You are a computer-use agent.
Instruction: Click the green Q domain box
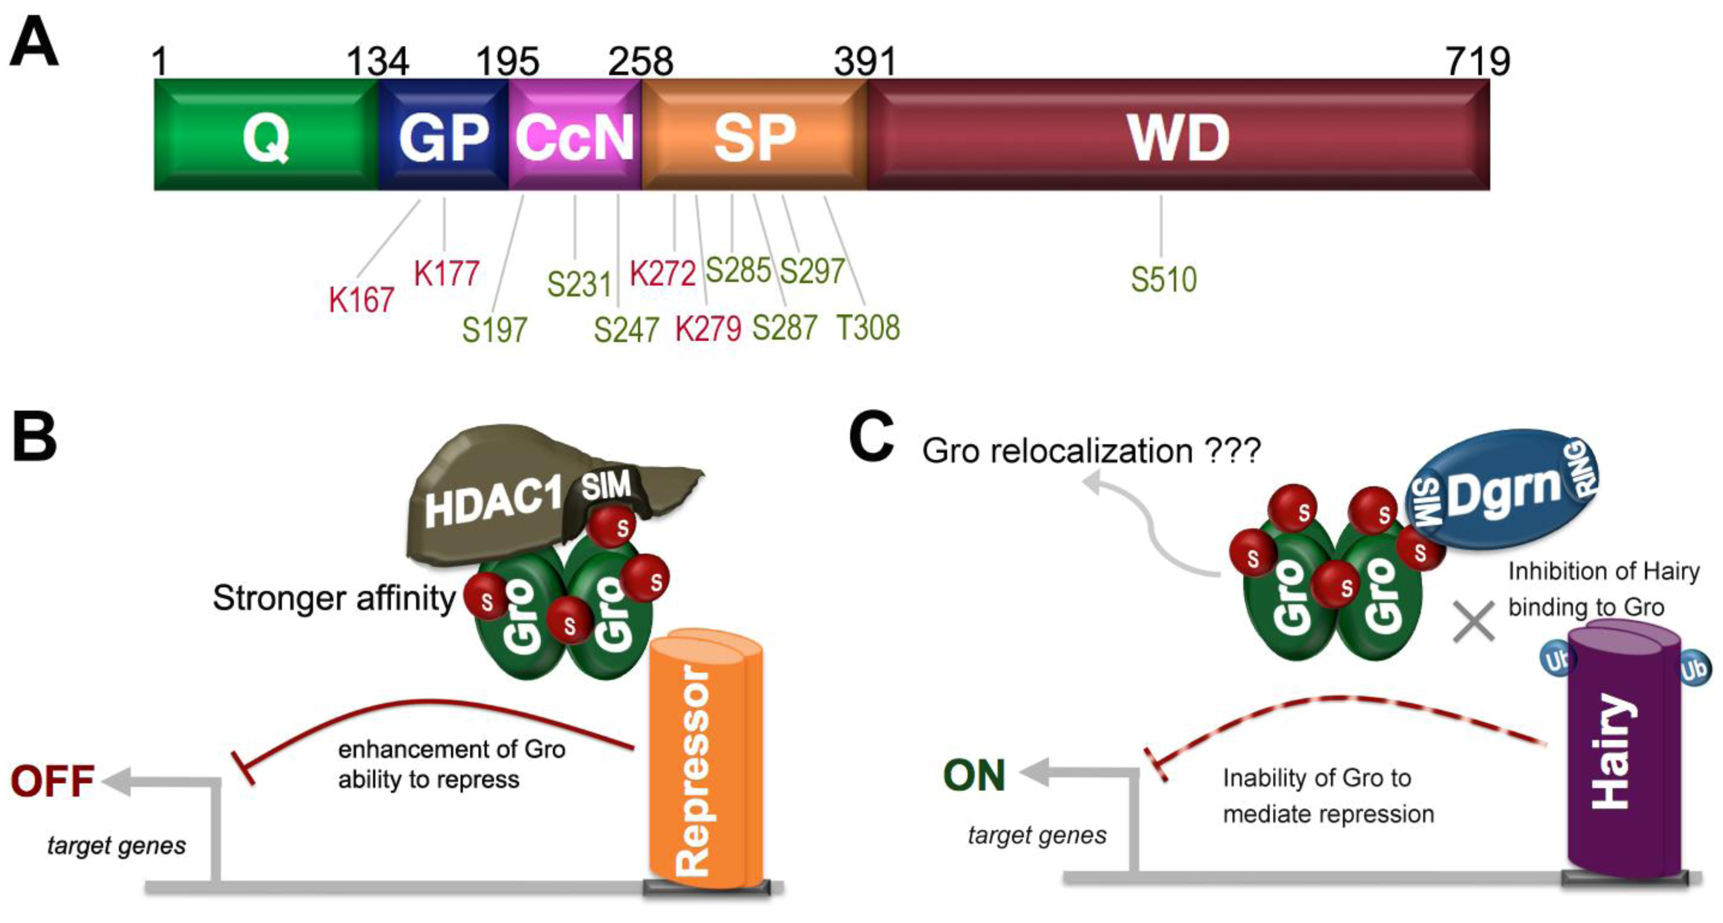(x=266, y=136)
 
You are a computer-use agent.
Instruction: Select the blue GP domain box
(x=444, y=136)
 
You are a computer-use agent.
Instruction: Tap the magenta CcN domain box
(x=574, y=136)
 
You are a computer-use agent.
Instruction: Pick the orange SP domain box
(x=754, y=136)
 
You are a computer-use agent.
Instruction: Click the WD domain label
(x=1178, y=137)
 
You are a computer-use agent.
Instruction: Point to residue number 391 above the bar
(x=864, y=61)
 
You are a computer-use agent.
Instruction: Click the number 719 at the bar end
(x=1478, y=61)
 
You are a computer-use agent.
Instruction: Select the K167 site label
(x=361, y=299)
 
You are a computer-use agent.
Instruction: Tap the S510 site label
(x=1163, y=279)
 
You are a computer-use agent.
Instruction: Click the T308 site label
(x=868, y=328)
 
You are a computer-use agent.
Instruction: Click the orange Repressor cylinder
(x=706, y=762)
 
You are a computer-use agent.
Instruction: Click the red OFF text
(x=52, y=781)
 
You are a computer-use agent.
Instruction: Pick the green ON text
(x=974, y=775)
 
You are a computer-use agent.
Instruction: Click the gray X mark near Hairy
(x=1474, y=622)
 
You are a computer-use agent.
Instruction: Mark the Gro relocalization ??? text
(x=1091, y=451)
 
